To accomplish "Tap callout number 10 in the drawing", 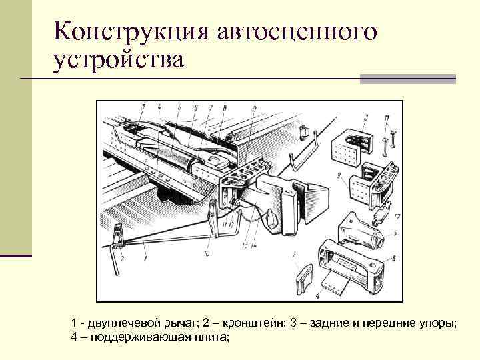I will click(x=207, y=254).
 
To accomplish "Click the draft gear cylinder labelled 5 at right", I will click(x=360, y=230).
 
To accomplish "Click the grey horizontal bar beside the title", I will click(x=407, y=79).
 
